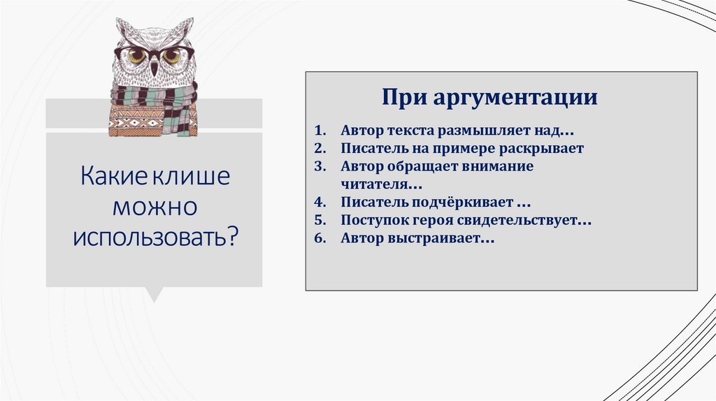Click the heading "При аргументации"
(489, 96)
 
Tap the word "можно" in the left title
(154, 206)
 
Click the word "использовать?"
(155, 237)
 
